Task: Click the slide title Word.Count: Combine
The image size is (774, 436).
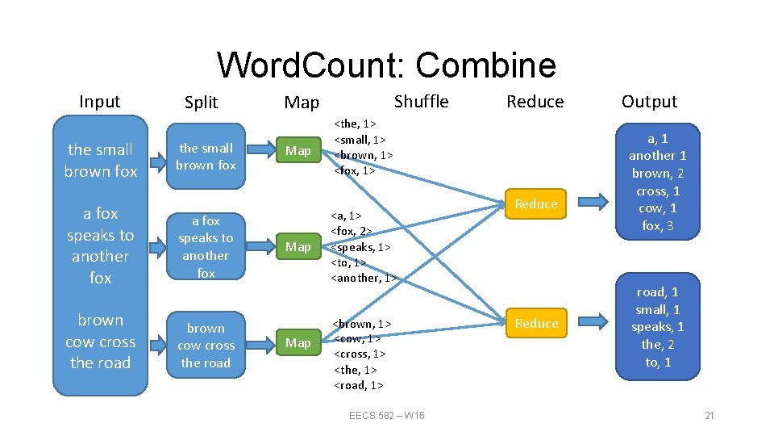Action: point(386,65)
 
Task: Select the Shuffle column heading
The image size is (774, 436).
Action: point(421,101)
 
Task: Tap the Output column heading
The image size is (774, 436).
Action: point(649,102)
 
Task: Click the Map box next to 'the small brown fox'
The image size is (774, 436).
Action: point(298,150)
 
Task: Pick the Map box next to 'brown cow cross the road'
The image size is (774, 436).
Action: point(298,343)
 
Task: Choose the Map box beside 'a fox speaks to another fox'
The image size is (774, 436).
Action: point(298,246)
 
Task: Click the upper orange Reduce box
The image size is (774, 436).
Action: point(536,203)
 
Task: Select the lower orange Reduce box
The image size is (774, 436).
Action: point(536,323)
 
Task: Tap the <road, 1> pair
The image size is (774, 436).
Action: point(359,384)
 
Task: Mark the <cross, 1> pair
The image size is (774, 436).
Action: point(360,354)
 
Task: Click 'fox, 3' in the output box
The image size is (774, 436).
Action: point(658,226)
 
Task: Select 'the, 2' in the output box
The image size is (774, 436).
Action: point(658,345)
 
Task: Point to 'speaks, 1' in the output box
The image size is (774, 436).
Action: point(658,327)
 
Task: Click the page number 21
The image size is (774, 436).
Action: point(709,415)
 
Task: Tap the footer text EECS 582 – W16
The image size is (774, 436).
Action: point(386,415)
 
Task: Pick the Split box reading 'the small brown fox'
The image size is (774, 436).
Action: point(206,156)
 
